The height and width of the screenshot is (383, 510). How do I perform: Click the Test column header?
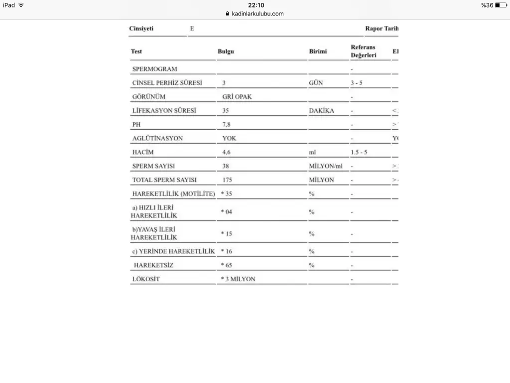click(136, 51)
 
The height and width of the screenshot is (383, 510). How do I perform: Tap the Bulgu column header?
click(226, 51)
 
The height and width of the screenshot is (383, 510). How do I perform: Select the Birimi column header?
click(318, 51)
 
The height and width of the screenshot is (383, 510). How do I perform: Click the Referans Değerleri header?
click(363, 51)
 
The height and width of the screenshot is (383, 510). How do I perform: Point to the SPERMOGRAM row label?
click(154, 69)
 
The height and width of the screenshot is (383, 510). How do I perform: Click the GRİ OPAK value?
click(237, 97)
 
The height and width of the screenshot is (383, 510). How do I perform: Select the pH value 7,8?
click(227, 124)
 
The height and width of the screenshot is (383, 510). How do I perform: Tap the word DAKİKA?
click(321, 110)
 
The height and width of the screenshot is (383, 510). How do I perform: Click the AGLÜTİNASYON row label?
click(157, 138)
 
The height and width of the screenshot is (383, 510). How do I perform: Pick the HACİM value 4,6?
click(227, 152)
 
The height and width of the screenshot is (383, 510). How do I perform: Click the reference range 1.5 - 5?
click(359, 152)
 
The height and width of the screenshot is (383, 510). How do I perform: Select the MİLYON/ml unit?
click(329, 166)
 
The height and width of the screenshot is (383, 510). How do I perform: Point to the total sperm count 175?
click(228, 180)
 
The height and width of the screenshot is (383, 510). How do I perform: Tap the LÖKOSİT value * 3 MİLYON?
click(238, 279)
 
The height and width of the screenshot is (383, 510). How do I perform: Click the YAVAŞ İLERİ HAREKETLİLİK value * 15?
click(227, 233)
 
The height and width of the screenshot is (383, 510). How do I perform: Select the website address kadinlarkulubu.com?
click(257, 14)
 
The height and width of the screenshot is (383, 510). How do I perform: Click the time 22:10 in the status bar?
click(256, 5)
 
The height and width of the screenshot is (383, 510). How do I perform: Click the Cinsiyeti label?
click(141, 28)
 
